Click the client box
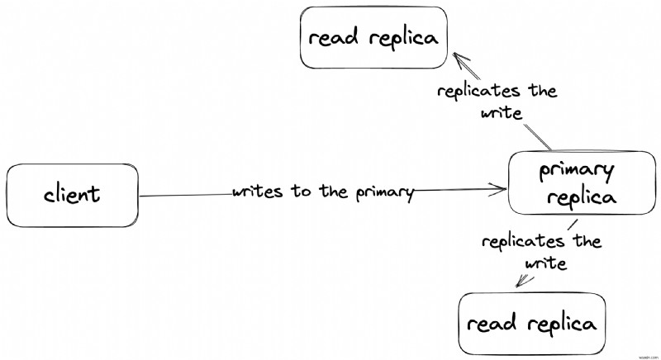[x=72, y=196]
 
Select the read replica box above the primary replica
[x=373, y=37]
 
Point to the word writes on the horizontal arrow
[x=257, y=192]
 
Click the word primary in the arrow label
[x=384, y=193]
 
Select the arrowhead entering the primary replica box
[x=497, y=189]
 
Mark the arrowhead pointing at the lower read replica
[x=524, y=281]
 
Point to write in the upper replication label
[x=502, y=113]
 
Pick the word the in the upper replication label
[x=543, y=90]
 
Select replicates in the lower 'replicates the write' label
[x=523, y=242]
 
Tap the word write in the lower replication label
[x=545, y=263]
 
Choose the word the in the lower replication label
[x=587, y=241]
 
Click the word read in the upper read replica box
[x=334, y=37]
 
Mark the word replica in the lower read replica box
[x=562, y=324]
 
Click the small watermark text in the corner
[x=648, y=357]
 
